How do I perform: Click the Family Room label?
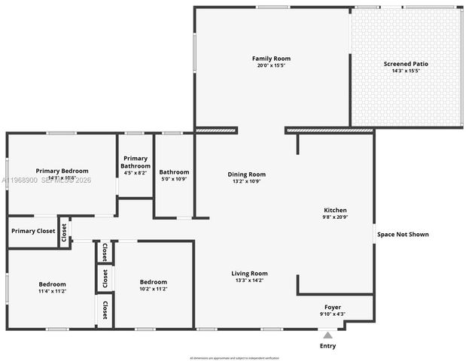(x=271, y=59)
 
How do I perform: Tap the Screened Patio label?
(x=406, y=64)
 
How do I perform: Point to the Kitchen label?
(x=335, y=210)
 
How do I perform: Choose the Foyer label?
(x=333, y=307)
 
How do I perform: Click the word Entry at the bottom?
(x=328, y=347)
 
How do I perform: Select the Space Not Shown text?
(x=403, y=235)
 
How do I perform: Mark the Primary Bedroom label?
(x=62, y=171)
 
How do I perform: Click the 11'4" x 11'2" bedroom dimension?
(x=53, y=291)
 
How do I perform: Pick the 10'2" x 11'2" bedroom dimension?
(x=153, y=289)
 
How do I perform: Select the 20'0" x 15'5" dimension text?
(x=271, y=65)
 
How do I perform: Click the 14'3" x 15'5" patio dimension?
(x=406, y=71)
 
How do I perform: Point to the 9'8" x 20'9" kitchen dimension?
(x=335, y=217)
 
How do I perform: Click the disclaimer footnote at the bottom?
(x=234, y=358)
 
